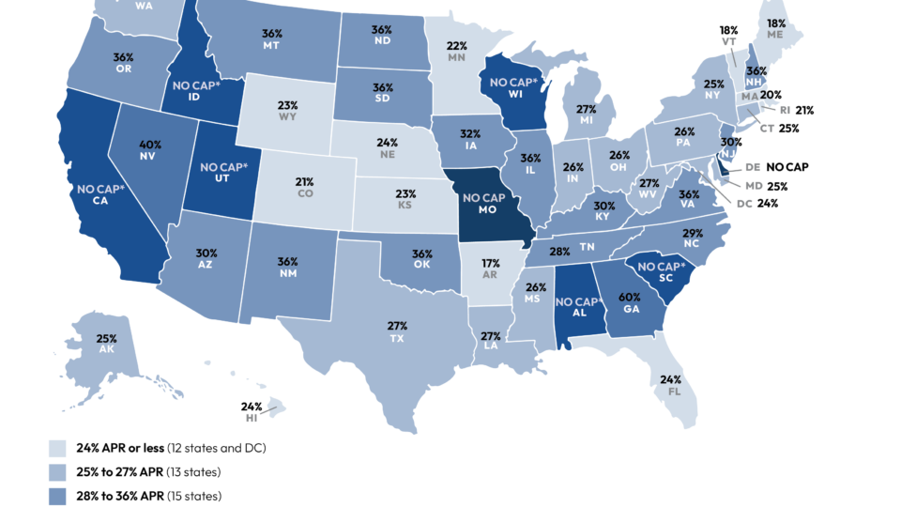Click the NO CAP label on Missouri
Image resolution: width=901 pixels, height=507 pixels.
(x=485, y=198)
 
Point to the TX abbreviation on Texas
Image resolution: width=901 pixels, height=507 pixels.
(x=397, y=337)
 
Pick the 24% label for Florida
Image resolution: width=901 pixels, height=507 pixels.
(x=670, y=380)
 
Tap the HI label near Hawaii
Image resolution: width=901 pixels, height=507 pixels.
(x=252, y=418)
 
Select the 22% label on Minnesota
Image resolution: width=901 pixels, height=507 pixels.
(x=457, y=46)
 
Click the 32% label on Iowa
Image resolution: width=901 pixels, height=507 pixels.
(x=469, y=134)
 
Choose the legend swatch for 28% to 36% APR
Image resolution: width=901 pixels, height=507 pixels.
(x=57, y=496)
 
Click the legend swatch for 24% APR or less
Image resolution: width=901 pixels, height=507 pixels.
(x=57, y=448)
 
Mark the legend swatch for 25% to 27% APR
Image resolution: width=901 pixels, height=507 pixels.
(x=57, y=471)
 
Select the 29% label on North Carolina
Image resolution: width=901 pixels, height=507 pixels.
(x=693, y=233)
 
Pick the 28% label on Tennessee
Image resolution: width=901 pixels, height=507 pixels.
(x=560, y=252)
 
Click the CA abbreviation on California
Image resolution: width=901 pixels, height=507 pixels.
(x=98, y=199)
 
